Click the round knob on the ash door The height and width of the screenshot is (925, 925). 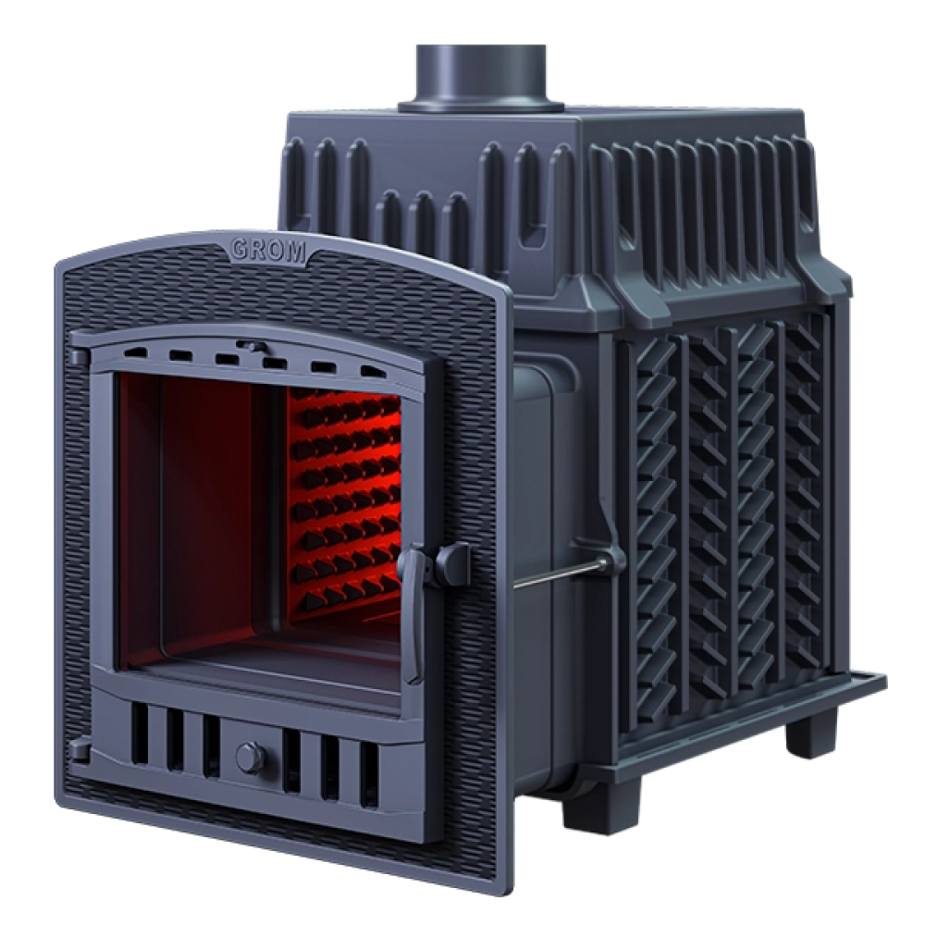tap(251, 758)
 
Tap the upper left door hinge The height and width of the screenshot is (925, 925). tap(79, 356)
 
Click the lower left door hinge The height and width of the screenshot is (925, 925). tap(80, 751)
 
